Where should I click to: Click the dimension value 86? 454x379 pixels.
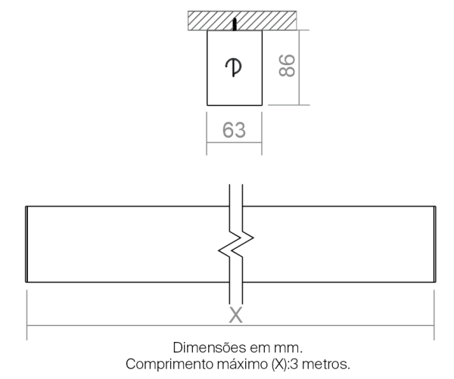[x=287, y=65]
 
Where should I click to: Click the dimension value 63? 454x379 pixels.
[x=234, y=130]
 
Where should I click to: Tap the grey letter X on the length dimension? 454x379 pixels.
[x=235, y=315]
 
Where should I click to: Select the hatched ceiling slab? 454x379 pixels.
[x=242, y=20]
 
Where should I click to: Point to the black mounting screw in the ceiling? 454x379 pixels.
[x=235, y=24]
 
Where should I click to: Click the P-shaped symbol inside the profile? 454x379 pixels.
[x=233, y=68]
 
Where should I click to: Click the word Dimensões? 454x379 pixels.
[x=209, y=347]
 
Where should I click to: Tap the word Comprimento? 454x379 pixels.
[x=169, y=364]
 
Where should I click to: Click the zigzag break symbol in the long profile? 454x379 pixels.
[x=236, y=244]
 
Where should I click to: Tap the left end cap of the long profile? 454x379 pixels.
[x=26, y=244]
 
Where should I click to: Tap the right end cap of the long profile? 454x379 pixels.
[x=434, y=244]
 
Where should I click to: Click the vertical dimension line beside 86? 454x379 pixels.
[x=300, y=67]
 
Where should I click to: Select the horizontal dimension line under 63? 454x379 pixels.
[x=235, y=142]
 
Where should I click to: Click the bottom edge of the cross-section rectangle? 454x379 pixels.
[x=235, y=105]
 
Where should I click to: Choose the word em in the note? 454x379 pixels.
[x=260, y=348]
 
